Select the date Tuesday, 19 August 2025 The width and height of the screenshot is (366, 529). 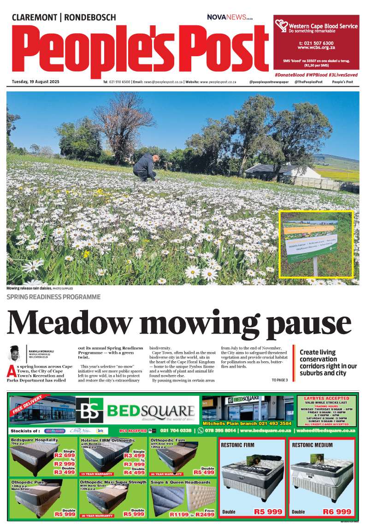coord(35,82)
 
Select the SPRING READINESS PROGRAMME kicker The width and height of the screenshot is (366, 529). coord(53,297)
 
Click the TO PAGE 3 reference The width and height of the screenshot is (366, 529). coord(279,380)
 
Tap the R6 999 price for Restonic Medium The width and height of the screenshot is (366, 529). coord(337,511)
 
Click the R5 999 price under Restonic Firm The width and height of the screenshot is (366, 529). coord(268,511)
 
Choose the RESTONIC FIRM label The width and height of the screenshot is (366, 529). coord(238,445)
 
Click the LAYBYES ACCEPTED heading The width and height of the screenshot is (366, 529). coord(326,398)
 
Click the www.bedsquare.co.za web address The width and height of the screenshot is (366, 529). coord(266,430)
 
